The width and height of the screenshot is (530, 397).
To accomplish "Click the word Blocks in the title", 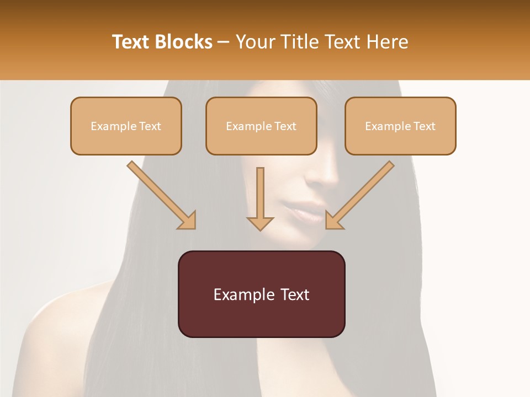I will point(184,42).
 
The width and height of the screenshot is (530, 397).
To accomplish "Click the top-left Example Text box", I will point(126,126).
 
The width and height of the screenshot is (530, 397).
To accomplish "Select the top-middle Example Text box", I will point(261,126).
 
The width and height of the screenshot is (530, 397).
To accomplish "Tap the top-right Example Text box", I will point(400,126).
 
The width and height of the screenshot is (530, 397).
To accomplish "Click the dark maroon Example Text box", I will point(261,294).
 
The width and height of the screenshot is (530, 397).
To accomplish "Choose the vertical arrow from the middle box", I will point(260,196).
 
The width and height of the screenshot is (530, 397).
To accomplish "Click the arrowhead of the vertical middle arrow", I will point(260,223).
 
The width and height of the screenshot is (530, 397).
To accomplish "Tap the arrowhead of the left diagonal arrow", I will point(188,221).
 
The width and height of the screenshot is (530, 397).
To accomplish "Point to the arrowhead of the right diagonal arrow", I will point(333,221).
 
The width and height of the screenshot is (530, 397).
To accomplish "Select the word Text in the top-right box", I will point(424,126).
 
